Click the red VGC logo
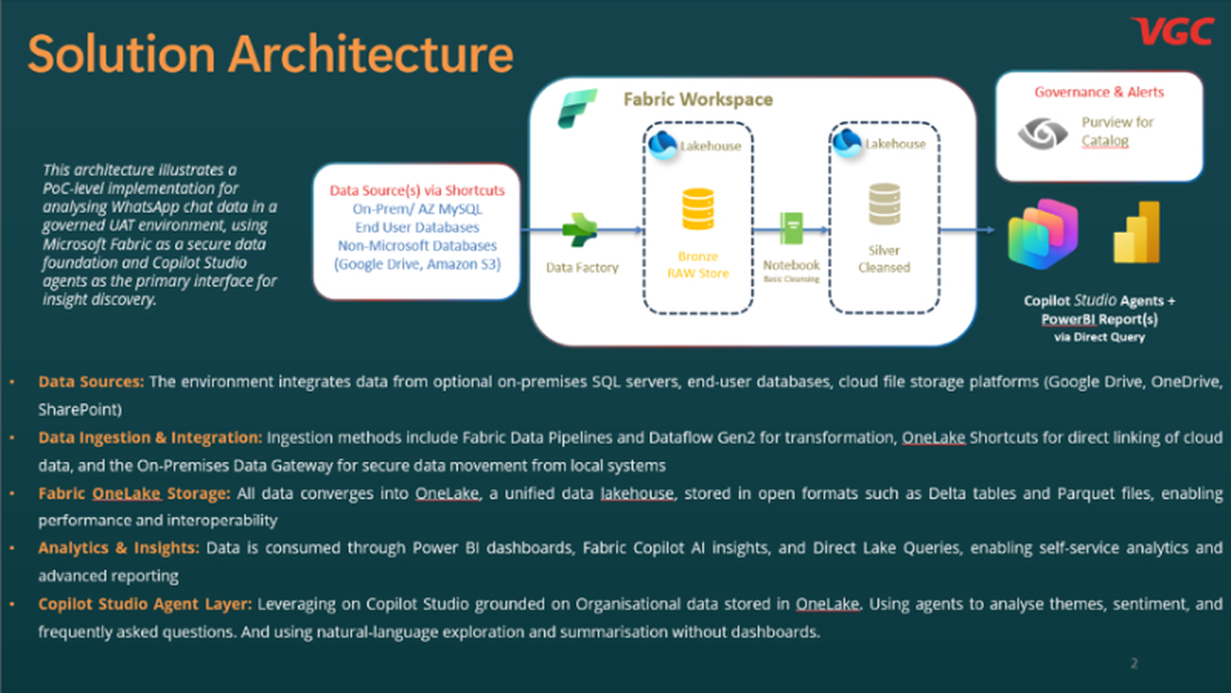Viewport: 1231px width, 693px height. click(1172, 31)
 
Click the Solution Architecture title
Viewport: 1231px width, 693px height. click(270, 54)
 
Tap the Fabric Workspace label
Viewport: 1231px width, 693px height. click(698, 99)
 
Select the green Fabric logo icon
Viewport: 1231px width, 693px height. click(577, 109)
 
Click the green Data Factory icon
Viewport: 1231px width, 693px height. click(579, 229)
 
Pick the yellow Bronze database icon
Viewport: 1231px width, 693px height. click(698, 209)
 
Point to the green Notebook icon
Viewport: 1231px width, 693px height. click(791, 228)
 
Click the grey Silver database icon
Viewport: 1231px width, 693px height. click(884, 204)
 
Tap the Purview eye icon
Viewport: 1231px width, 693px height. click(1043, 133)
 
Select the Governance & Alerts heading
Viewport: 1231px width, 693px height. click(1099, 91)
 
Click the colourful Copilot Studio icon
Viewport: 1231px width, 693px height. click(1043, 234)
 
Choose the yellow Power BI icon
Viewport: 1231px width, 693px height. click(1137, 232)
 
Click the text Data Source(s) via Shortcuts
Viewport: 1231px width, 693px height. click(417, 191)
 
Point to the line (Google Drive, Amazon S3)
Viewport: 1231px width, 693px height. click(417, 265)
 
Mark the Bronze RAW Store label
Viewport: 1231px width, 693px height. click(698, 265)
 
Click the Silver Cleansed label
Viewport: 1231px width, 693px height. click(884, 259)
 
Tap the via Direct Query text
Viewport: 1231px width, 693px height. click(1099, 337)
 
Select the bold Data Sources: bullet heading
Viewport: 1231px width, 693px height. click(91, 382)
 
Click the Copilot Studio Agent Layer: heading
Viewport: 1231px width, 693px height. click(145, 603)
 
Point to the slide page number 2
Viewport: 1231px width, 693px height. click(1134, 663)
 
